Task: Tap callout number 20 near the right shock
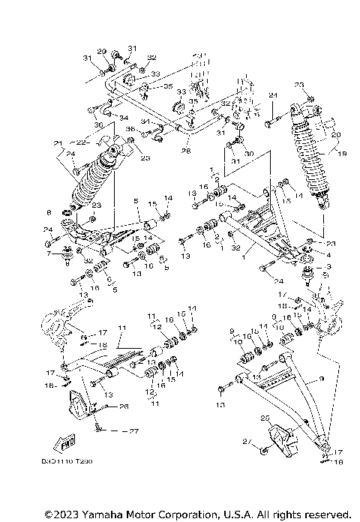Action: (335, 135)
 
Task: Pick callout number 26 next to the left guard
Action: (124, 406)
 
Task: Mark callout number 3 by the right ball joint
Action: (327, 267)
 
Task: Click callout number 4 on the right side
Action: (327, 255)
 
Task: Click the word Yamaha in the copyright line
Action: (100, 514)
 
